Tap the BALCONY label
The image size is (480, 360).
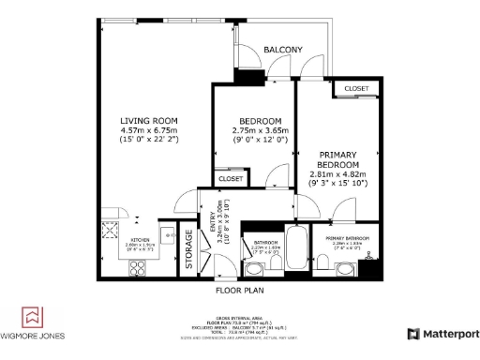[x=282, y=49]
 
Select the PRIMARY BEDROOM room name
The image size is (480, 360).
[x=337, y=159]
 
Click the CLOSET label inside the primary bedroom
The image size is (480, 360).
[x=356, y=88]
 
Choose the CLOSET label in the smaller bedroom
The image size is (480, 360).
[x=230, y=178]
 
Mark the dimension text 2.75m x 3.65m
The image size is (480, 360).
[x=260, y=130]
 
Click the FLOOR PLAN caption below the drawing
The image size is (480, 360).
[x=239, y=291]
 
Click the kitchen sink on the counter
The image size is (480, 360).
[x=165, y=235]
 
